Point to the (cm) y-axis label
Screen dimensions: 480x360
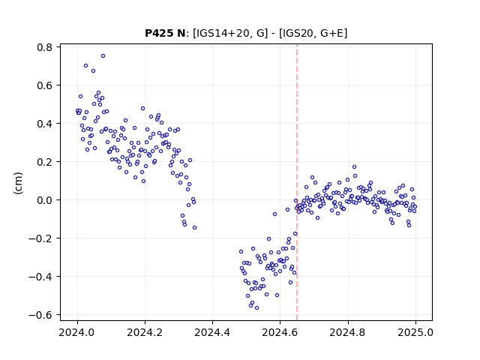(x=18, y=183)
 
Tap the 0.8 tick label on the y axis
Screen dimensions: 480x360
(x=45, y=47)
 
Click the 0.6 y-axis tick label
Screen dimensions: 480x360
(x=45, y=85)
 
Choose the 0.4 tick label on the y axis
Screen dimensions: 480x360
(x=45, y=124)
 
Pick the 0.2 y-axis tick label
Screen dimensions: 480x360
(x=45, y=162)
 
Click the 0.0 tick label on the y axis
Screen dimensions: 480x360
(x=45, y=200)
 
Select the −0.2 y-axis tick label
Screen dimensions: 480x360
(x=40, y=238)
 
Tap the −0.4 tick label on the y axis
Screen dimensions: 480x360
(x=40, y=277)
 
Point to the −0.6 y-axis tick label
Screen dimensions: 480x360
(x=40, y=315)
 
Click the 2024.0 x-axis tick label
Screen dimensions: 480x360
(x=77, y=332)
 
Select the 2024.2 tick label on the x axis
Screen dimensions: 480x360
(x=145, y=332)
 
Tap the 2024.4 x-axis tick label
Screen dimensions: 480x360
(x=212, y=332)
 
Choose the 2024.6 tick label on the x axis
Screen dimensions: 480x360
(x=280, y=332)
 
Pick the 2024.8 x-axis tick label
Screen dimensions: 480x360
(x=348, y=332)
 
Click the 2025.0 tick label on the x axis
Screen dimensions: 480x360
(x=415, y=332)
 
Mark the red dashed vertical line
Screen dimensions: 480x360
(x=297, y=182)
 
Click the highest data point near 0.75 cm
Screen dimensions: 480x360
(x=103, y=55)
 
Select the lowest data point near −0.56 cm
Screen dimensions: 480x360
(x=256, y=307)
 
